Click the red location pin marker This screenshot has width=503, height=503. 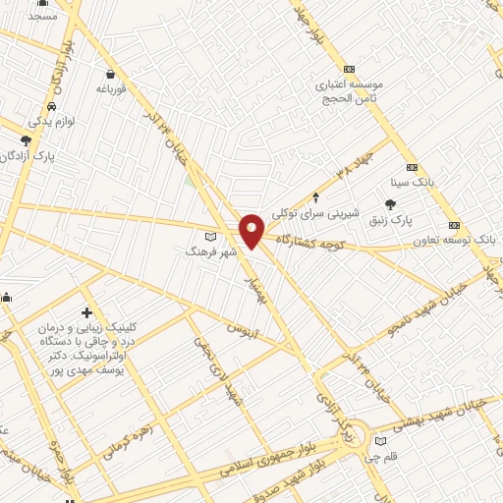pyautogui.click(x=251, y=230)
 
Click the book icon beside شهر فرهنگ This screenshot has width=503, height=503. pyautogui.click(x=209, y=237)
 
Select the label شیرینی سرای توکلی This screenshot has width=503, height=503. pyautogui.click(x=315, y=212)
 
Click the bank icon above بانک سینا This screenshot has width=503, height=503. pyautogui.click(x=412, y=167)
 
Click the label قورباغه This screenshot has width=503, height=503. pyautogui.click(x=113, y=89)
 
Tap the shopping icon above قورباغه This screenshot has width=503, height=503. pyautogui.click(x=111, y=74)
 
